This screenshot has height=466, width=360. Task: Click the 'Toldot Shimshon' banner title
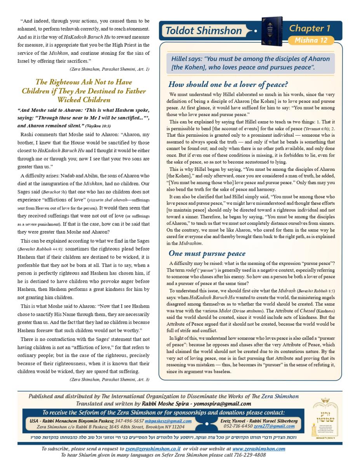tap(203, 31)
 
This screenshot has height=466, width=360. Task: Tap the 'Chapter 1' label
tap(310, 28)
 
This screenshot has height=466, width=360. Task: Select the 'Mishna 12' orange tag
tap(311, 40)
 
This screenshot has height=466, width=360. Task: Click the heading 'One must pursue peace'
tap(207, 254)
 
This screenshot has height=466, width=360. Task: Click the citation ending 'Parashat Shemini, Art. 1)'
tap(110, 69)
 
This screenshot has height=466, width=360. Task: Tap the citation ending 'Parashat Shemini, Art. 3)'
tap(110, 379)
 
